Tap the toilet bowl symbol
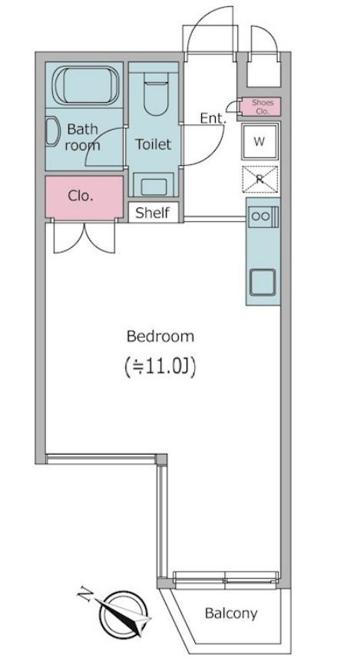155,94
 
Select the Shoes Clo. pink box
260,107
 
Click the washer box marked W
260,142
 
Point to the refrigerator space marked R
260,179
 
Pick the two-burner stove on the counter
263,217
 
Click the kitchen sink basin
263,282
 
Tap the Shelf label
153,213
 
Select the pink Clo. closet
84,197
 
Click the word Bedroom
160,337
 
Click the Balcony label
231,614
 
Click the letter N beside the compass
86,594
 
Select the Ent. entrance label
213,119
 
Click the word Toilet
153,144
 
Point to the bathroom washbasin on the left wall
52,132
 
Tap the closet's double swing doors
84,237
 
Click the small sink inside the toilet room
154,187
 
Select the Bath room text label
83,137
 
